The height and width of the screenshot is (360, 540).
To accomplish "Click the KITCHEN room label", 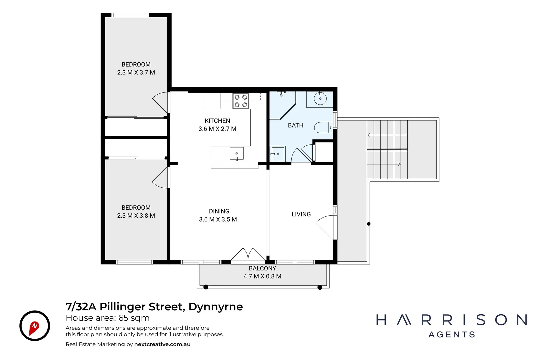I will (x=217, y=121).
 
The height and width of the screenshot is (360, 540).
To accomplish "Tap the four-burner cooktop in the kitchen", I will (x=241, y=101).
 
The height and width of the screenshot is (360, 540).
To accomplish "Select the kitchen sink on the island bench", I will (x=237, y=154).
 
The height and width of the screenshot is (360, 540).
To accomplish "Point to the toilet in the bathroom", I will (x=323, y=128).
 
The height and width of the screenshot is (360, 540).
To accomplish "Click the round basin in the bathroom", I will (x=320, y=99).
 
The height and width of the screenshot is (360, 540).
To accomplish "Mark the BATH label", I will (x=296, y=126).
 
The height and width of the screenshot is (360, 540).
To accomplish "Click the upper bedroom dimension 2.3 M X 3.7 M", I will (x=136, y=73).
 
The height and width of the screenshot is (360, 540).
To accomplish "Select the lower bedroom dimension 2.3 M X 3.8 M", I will (x=136, y=216).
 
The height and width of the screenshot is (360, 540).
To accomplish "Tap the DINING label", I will (x=219, y=211).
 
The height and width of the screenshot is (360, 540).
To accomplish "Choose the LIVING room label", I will (x=301, y=214).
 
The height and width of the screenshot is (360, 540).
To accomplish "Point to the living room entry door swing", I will (x=325, y=227).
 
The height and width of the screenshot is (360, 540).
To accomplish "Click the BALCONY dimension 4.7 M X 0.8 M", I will (x=262, y=276).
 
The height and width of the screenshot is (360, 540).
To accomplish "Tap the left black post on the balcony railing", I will (x=206, y=287).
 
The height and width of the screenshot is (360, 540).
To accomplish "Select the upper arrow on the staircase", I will (x=369, y=135).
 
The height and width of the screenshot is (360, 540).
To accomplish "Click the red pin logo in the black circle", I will (x=35, y=326).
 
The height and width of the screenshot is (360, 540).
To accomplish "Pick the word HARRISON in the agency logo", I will (x=451, y=320).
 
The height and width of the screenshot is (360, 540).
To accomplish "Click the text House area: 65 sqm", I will (x=108, y=318).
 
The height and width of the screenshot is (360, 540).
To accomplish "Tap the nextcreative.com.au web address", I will (x=162, y=344).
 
